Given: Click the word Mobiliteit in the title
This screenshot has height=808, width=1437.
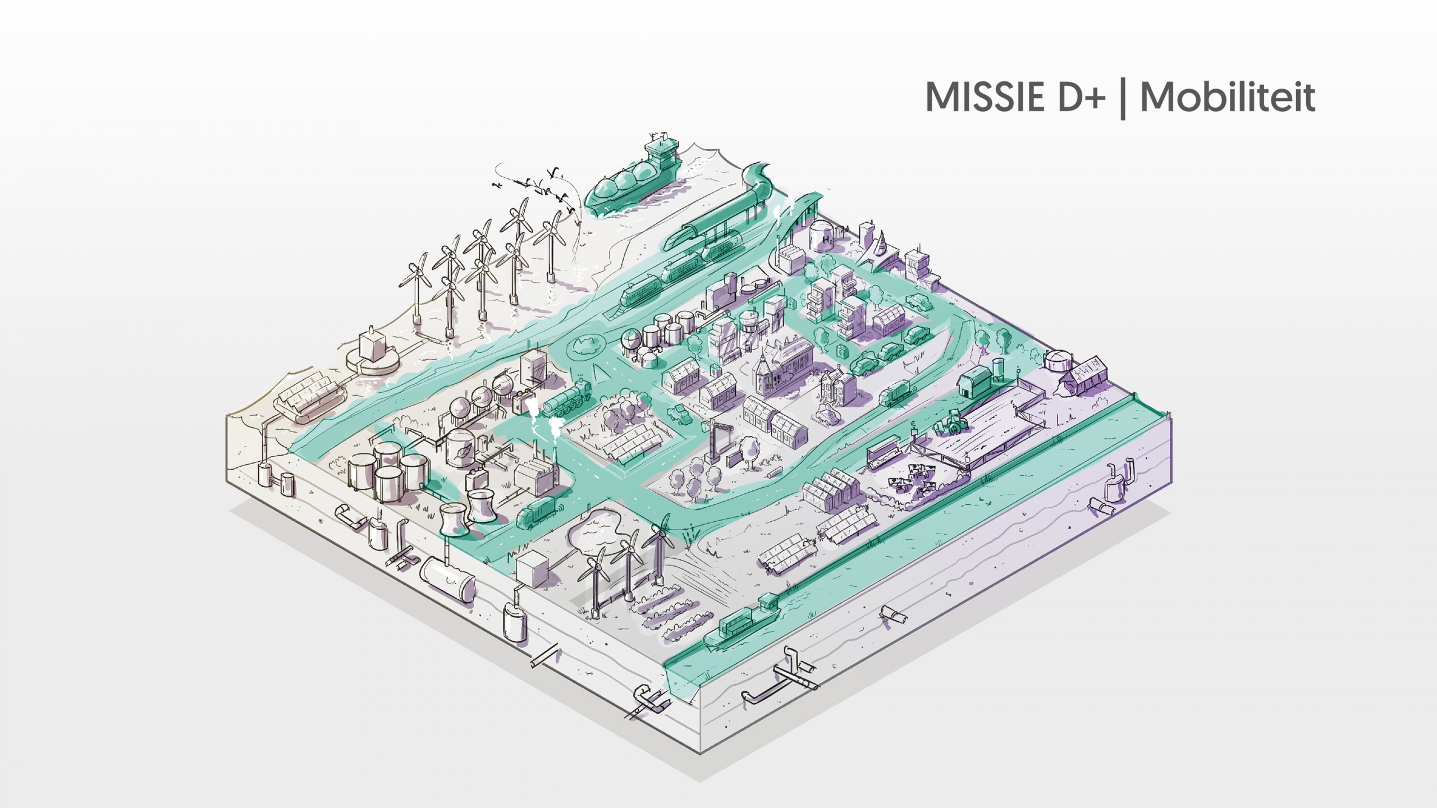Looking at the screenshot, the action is [x=1228, y=98].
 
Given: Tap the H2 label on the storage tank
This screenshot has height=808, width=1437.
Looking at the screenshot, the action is [x=826, y=240].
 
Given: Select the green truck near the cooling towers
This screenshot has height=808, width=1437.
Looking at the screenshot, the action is [x=536, y=511].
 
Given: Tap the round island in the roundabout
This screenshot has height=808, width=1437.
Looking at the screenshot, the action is [x=584, y=348].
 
